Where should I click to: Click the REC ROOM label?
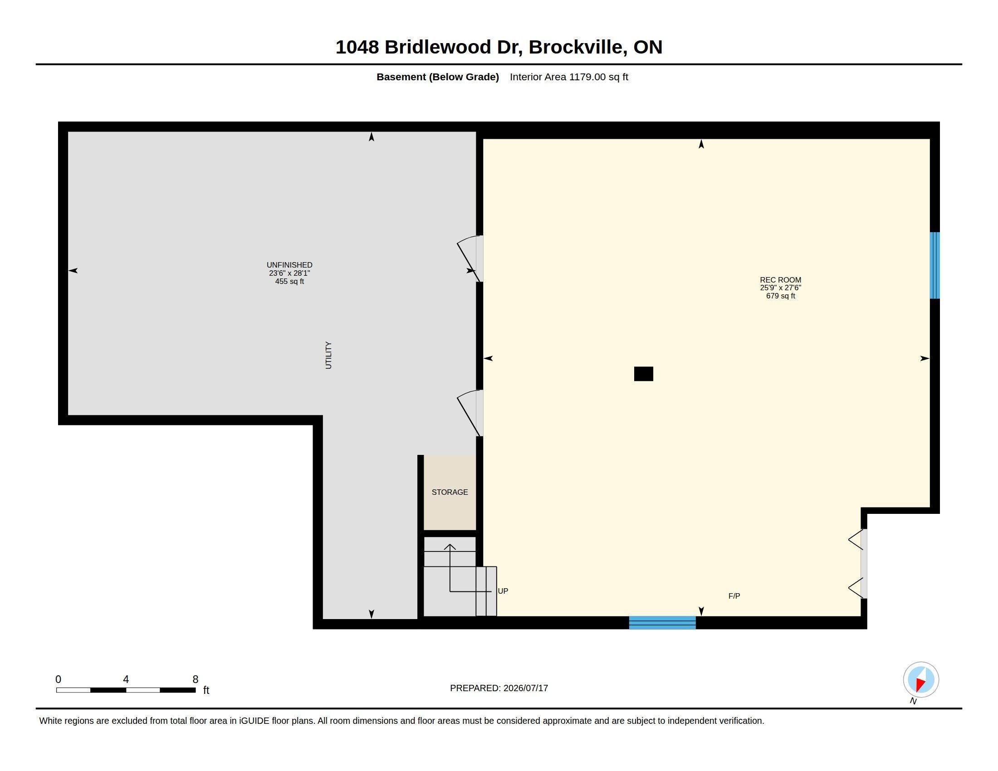(781, 280)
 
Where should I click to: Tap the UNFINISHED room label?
(289, 265)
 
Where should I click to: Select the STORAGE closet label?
(450, 492)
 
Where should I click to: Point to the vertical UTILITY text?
(328, 355)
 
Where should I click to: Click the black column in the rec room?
(643, 374)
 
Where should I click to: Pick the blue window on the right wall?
(935, 265)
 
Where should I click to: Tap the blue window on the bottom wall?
(662, 623)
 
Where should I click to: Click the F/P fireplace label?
(734, 595)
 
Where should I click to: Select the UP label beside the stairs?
(503, 590)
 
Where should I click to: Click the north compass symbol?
(921, 680)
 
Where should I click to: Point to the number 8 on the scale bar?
(196, 679)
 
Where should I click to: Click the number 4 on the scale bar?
(126, 679)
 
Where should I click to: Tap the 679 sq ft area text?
(781, 296)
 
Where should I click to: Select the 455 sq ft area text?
(289, 281)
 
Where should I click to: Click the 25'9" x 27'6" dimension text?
(781, 288)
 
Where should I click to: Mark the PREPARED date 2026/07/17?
(525, 688)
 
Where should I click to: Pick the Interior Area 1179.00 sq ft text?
(569, 77)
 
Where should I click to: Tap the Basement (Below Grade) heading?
(437, 77)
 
